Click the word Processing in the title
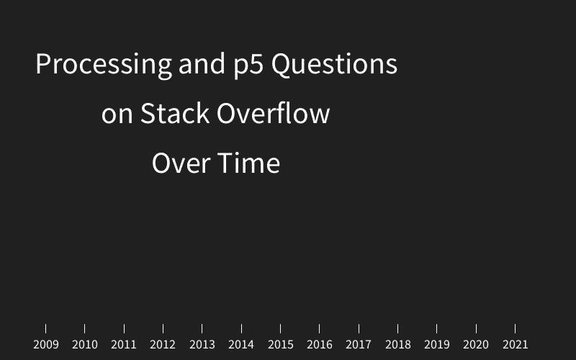pyautogui.click(x=104, y=65)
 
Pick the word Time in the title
pyautogui.click(x=249, y=163)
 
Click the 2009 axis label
pyautogui.click(x=46, y=345)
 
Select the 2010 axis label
pyautogui.click(x=85, y=345)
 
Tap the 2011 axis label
pyautogui.click(x=124, y=345)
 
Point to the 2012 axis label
pyautogui.click(x=163, y=345)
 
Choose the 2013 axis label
pyautogui.click(x=202, y=345)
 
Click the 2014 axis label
pyautogui.click(x=241, y=345)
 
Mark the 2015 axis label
pyautogui.click(x=280, y=345)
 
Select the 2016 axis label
pyautogui.click(x=320, y=345)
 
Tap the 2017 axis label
pyautogui.click(x=359, y=345)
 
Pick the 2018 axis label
pyautogui.click(x=397, y=345)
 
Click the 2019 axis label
pyautogui.click(x=437, y=345)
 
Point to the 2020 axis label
pyautogui.click(x=476, y=345)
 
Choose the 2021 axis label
pyautogui.click(x=515, y=345)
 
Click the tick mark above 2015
pyautogui.click(x=280, y=328)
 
